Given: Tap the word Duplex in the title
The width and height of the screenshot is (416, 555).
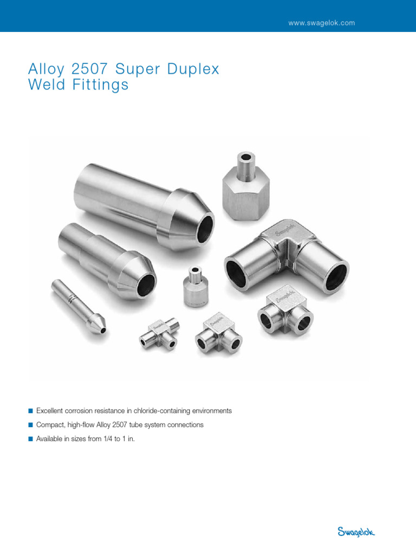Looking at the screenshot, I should tap(194, 69).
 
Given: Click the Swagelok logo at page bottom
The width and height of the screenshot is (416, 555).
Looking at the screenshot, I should tap(356, 532).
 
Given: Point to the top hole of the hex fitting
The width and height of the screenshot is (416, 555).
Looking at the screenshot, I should tap(247, 158).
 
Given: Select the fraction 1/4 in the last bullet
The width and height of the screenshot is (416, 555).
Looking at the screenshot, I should tap(107, 439).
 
